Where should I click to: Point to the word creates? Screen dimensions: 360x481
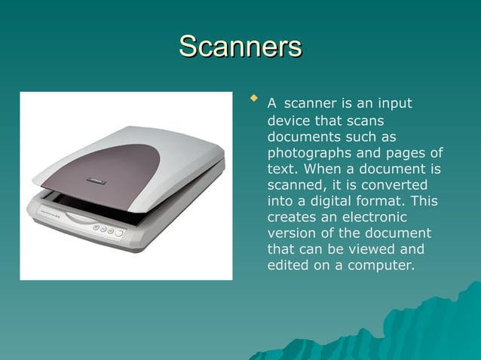[291, 217]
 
